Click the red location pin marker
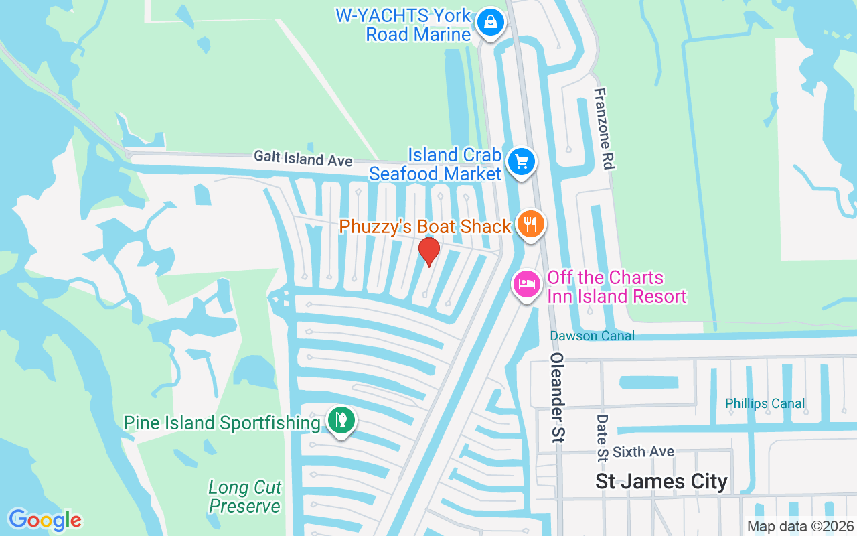(428, 251)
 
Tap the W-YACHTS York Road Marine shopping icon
(491, 23)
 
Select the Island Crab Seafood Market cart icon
(521, 161)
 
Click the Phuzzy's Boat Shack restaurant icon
(531, 224)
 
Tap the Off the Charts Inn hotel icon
(527, 284)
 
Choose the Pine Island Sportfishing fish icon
(341, 420)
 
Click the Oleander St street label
(557, 398)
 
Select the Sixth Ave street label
(643, 452)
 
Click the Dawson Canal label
(592, 336)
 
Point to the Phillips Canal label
(765, 403)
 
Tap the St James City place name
(661, 482)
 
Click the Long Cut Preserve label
(244, 496)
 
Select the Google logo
(45, 520)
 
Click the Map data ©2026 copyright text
(800, 526)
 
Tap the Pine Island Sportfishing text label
(222, 423)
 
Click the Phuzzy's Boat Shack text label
(425, 226)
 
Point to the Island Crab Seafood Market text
(435, 164)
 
